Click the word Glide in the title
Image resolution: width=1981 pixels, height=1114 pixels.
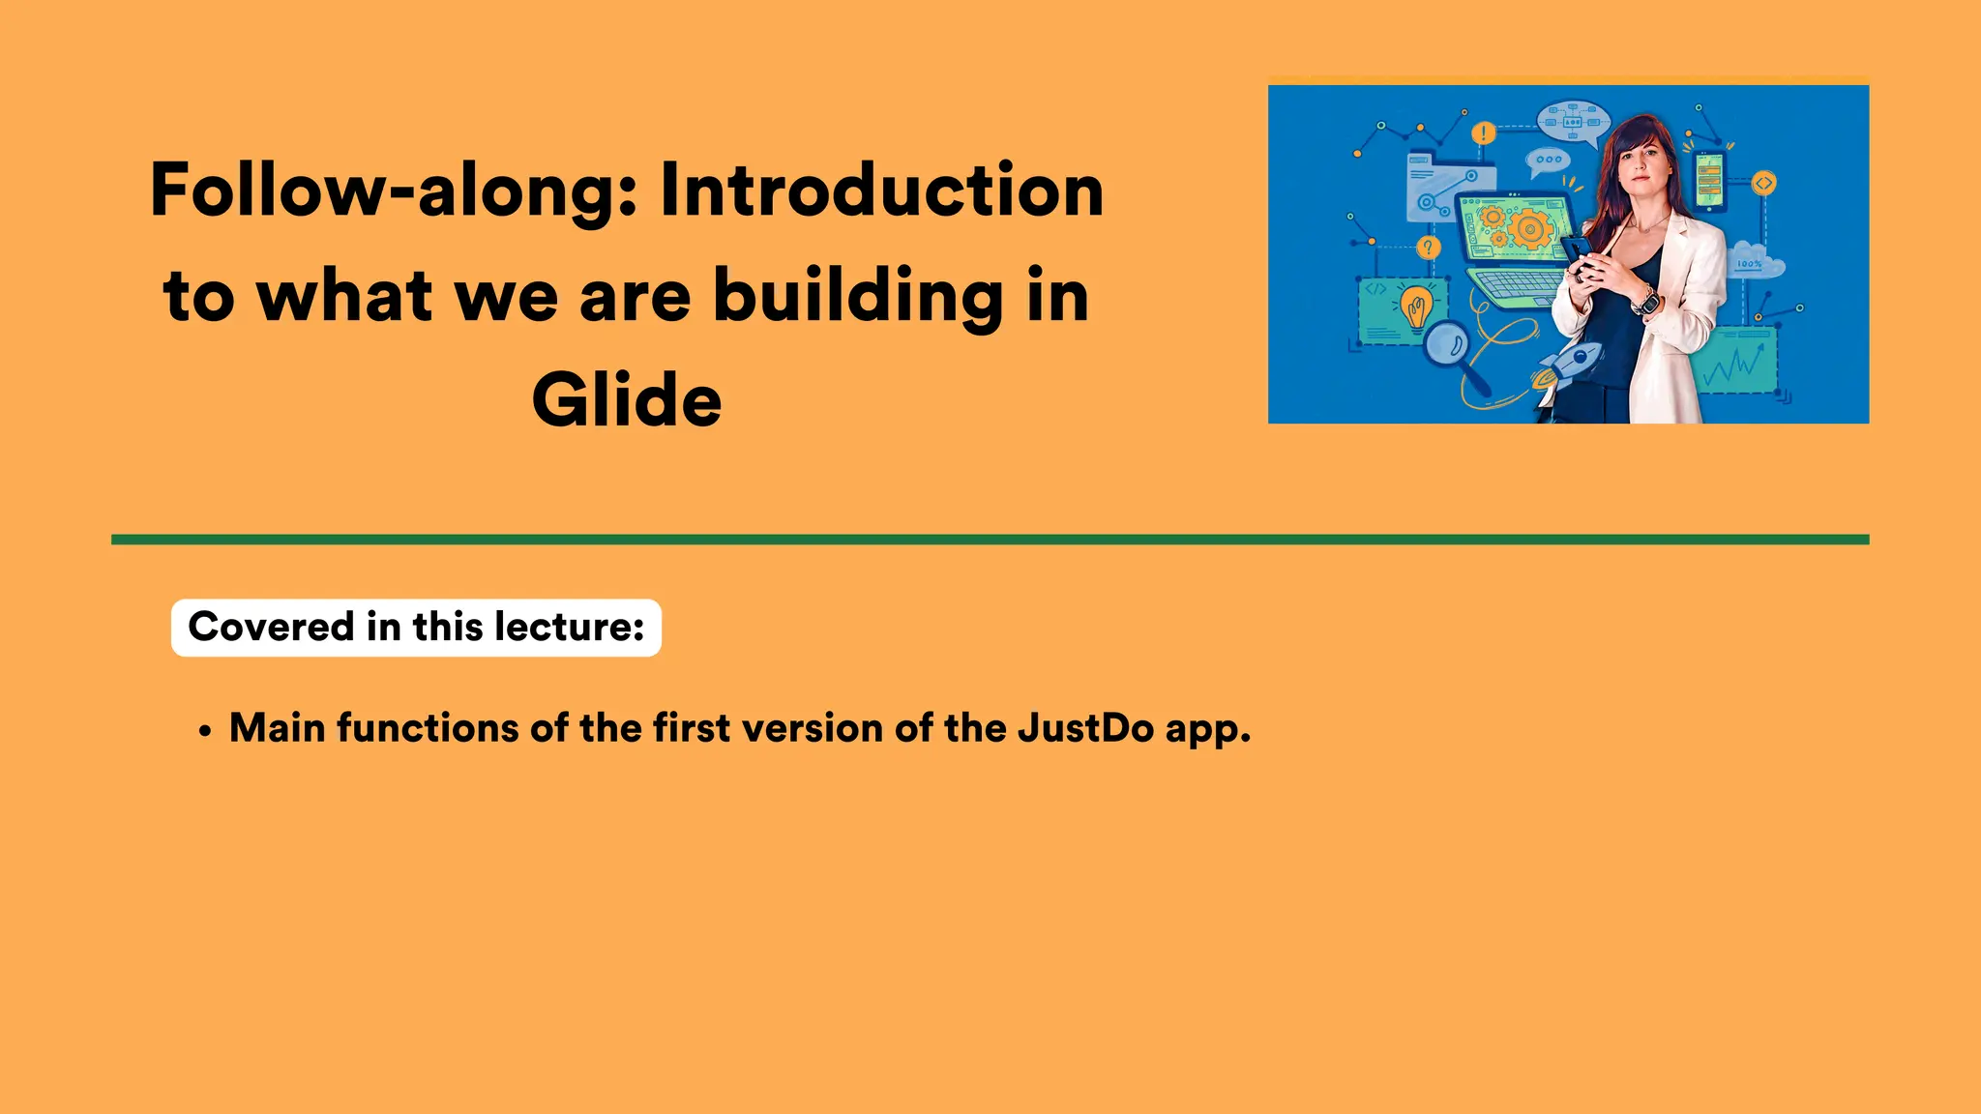click(627, 400)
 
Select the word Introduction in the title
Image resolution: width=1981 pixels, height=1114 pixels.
click(881, 191)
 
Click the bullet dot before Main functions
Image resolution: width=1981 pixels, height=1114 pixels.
click(204, 732)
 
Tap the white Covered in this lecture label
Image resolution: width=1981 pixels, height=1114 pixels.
click(416, 628)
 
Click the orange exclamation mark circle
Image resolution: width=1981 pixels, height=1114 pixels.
click(1483, 132)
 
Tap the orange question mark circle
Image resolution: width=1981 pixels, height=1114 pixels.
click(1428, 249)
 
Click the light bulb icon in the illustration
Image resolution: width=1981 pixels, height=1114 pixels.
click(1416, 308)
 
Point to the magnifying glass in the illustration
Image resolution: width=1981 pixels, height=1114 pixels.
click(1450, 347)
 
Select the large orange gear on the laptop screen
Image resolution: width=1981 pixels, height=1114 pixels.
click(1530, 230)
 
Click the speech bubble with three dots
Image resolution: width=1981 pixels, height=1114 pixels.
click(1548, 161)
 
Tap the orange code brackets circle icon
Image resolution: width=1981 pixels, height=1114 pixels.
click(1763, 182)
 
